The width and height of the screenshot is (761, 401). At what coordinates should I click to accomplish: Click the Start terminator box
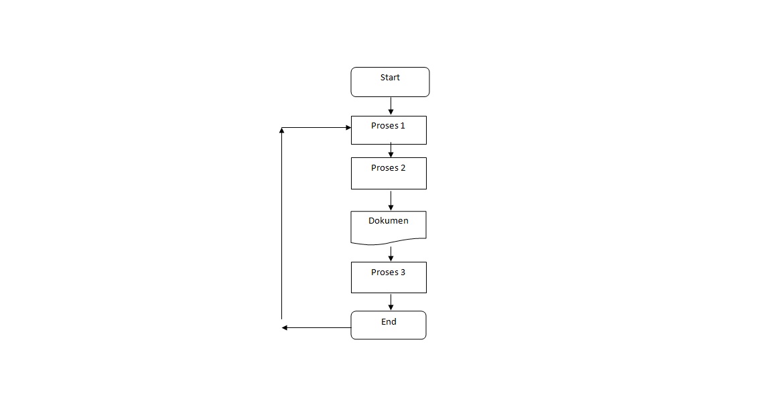point(390,82)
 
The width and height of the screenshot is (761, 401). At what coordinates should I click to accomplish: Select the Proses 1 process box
point(389,131)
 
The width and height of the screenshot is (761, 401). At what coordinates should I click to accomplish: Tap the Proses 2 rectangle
point(389,173)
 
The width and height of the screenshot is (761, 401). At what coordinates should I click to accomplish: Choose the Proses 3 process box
point(389,277)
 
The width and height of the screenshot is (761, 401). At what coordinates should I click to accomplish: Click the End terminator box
point(389,325)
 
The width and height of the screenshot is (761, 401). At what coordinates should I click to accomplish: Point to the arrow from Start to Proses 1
point(391,106)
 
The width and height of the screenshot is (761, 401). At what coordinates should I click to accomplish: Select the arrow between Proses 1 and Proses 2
point(391,151)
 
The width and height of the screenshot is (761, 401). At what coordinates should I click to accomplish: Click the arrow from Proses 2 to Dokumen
point(391,200)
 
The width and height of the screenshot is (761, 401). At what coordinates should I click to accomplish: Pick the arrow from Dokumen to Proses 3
point(391,253)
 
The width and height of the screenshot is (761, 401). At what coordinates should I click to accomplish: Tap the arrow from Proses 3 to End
point(391,302)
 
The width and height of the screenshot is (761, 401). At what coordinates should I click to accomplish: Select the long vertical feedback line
point(282,224)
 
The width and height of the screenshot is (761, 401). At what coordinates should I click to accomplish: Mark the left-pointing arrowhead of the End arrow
point(285,327)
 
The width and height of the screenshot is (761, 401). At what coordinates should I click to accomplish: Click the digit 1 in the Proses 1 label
point(403,126)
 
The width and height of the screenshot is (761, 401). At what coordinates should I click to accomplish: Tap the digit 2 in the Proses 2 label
point(403,168)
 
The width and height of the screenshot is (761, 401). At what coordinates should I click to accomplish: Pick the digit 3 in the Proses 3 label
point(403,272)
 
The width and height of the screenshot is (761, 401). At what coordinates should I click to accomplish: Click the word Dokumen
point(388,220)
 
